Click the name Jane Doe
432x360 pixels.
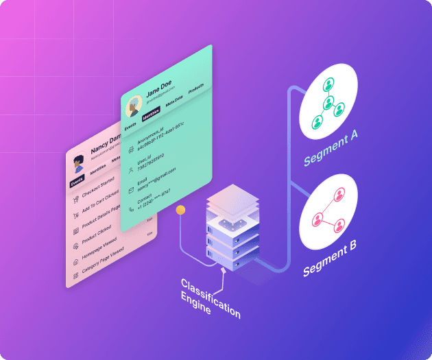point(159,92)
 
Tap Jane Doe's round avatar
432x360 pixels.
point(133,105)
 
